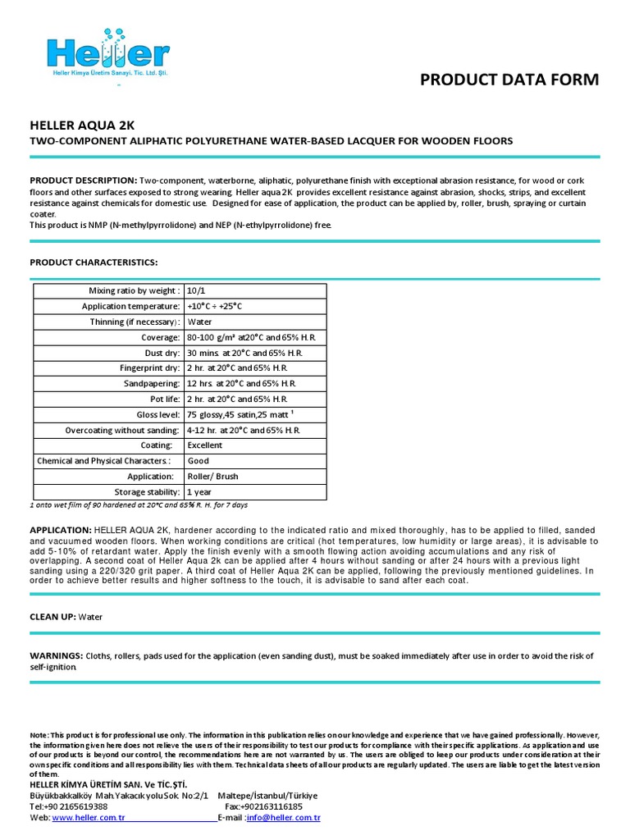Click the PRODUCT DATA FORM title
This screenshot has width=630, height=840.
click(509, 80)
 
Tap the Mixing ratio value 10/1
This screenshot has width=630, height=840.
click(197, 291)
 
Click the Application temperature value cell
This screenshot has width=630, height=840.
click(215, 307)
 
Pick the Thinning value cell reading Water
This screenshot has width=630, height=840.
click(200, 322)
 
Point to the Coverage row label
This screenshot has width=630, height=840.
click(161, 338)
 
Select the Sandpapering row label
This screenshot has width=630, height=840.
click(152, 384)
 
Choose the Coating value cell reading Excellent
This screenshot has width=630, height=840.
click(204, 445)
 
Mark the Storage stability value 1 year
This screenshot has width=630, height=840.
click(199, 492)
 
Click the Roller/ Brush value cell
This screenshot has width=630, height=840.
click(212, 477)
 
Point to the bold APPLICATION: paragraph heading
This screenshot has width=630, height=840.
click(61, 531)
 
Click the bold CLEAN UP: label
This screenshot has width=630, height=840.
click(52, 617)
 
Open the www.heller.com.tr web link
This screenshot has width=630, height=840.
click(89, 818)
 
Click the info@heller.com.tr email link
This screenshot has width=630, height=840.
click(283, 818)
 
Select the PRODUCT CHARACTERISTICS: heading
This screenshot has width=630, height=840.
click(94, 262)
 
